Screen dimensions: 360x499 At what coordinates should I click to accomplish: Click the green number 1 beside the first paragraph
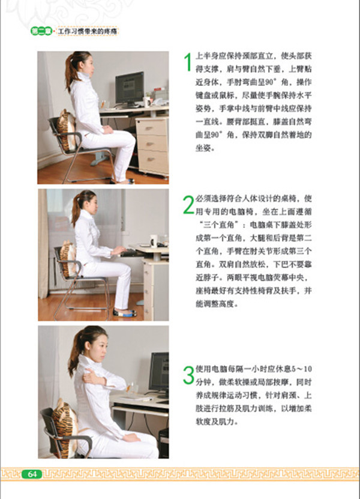pos(188,62)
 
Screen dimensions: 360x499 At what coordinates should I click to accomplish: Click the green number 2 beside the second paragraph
pos(188,205)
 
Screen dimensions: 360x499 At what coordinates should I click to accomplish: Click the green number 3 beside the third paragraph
pos(188,375)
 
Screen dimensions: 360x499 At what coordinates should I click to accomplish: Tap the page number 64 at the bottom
pos(32,474)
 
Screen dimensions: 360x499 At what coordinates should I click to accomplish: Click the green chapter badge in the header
pos(41,31)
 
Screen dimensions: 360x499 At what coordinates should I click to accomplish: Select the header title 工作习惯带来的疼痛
pos(88,31)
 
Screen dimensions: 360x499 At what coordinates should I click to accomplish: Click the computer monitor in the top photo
pos(130,89)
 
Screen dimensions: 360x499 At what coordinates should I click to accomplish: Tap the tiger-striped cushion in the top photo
pos(67,130)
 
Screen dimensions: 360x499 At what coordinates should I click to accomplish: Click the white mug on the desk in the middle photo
pos(154,241)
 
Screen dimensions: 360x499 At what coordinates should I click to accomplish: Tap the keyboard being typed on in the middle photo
pos(130,253)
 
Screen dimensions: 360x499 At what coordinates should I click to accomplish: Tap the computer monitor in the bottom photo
pos(159,373)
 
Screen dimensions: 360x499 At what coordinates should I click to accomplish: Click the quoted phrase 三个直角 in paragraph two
pos(223,225)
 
